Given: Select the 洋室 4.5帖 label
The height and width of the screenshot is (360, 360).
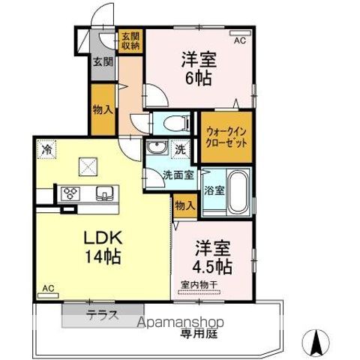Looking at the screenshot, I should click(x=214, y=256).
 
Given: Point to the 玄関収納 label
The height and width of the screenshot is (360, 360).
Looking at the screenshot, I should click(x=130, y=40).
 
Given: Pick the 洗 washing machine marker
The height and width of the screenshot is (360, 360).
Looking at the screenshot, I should click(x=181, y=148).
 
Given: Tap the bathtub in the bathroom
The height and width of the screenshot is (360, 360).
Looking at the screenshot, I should click(x=239, y=191).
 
